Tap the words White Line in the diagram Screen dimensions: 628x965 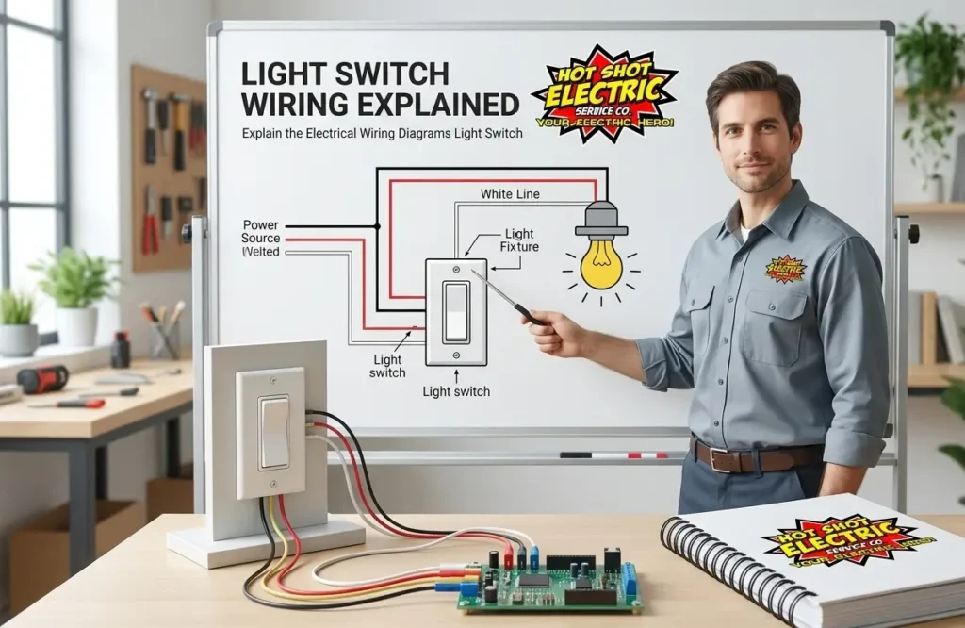tap(510, 194)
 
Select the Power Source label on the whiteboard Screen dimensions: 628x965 tap(261, 232)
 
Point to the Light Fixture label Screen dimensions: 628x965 tap(519, 240)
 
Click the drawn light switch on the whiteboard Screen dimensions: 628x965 tap(456, 312)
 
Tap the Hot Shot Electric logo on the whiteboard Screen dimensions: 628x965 tap(604, 91)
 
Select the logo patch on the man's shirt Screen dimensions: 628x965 tap(785, 269)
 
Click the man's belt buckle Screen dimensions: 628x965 tap(721, 459)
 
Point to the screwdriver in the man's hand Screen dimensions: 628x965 tap(509, 296)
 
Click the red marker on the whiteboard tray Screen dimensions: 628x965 tap(638, 454)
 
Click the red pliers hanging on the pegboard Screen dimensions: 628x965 tap(150, 222)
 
